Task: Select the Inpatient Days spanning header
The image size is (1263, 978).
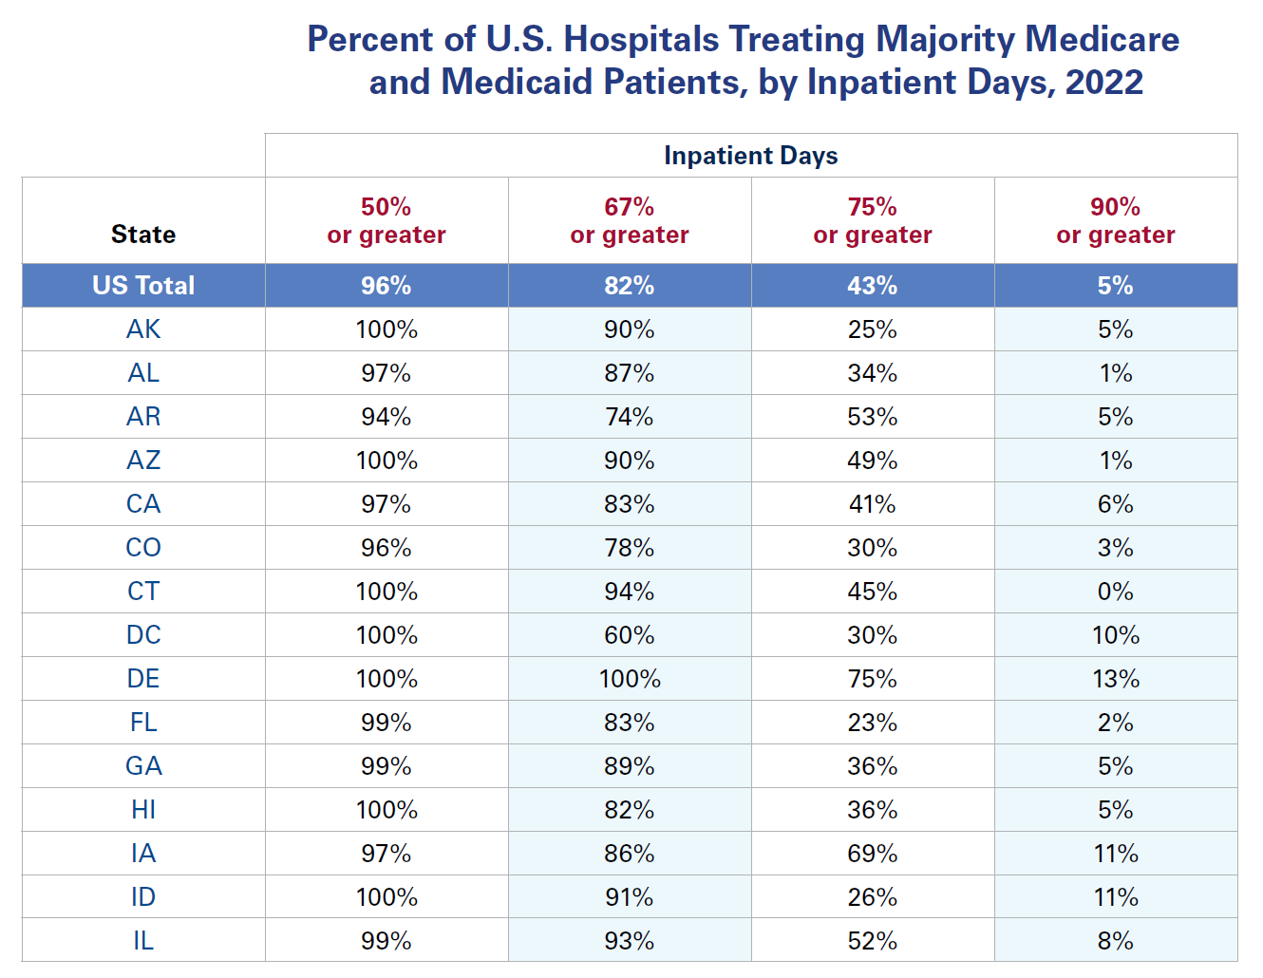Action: [x=750, y=156]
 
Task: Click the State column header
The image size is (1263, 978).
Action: [x=143, y=235]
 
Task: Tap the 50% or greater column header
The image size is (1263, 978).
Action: [x=386, y=220]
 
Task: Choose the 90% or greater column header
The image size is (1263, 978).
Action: [x=1115, y=220]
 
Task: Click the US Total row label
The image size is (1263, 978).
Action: [x=143, y=286]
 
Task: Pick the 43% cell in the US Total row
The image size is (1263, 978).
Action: [x=872, y=286]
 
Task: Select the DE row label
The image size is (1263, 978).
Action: [x=143, y=679]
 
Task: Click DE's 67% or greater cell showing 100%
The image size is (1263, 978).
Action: [x=630, y=679]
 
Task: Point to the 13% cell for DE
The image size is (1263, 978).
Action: [x=1115, y=679]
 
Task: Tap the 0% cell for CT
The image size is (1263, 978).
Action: [x=1115, y=592]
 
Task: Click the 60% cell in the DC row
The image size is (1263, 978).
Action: [x=630, y=635]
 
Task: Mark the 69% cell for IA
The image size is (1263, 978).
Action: [x=872, y=854]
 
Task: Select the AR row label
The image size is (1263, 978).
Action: [x=143, y=417]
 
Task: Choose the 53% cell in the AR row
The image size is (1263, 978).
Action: [x=872, y=417]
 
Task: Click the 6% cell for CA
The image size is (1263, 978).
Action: [x=1115, y=504]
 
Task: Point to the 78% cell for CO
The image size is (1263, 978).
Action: [x=630, y=548]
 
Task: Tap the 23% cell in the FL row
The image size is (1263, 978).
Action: [x=872, y=723]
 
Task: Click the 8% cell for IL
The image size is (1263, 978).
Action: [x=1115, y=941]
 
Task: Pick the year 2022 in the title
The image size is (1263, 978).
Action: [x=1103, y=82]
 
